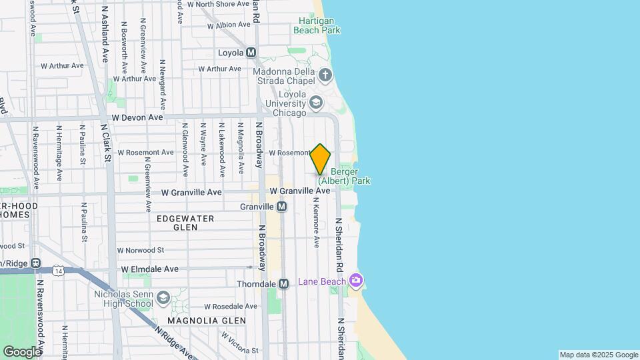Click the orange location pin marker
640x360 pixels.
point(321,159)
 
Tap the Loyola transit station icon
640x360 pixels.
point(251,53)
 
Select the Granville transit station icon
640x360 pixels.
point(282,207)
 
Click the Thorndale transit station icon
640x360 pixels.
point(283,284)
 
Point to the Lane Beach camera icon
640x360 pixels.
point(357,281)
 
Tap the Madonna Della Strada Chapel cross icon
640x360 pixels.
point(325,74)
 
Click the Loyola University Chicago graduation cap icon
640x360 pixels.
point(316,103)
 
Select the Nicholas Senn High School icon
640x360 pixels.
point(163,297)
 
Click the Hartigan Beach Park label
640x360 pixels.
point(319,25)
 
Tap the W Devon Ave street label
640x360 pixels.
point(137,117)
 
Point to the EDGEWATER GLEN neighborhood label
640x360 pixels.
point(185,223)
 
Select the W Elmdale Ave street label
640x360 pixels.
point(150,269)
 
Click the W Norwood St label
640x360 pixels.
point(141,250)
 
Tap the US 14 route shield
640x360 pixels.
point(59,270)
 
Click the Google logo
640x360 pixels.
point(21,351)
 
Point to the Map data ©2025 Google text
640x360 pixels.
point(599,355)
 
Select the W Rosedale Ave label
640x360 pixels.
point(231,307)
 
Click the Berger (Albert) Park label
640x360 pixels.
point(344,176)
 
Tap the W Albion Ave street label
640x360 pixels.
point(229,26)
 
